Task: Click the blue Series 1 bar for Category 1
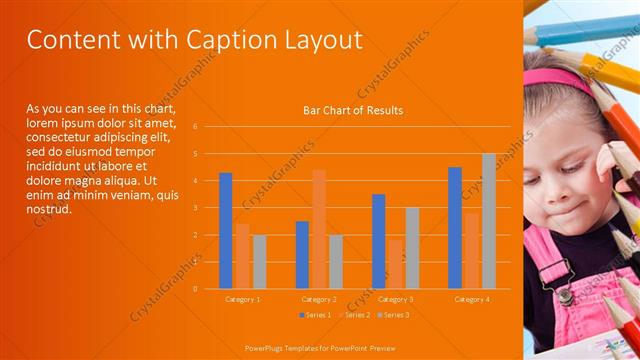pyautogui.click(x=226, y=230)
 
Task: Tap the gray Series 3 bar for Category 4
pyautogui.click(x=489, y=221)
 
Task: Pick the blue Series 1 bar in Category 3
pyautogui.click(x=378, y=241)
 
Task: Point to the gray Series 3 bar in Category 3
pyautogui.click(x=412, y=248)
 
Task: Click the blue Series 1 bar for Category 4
pyautogui.click(x=455, y=227)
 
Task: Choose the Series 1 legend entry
pyautogui.click(x=314, y=315)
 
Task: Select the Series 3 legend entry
pyautogui.click(x=392, y=315)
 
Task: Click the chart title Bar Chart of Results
pyautogui.click(x=353, y=110)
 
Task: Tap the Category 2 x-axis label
pyautogui.click(x=319, y=299)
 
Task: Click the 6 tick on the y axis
pyautogui.click(x=196, y=127)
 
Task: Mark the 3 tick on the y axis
pyautogui.click(x=196, y=208)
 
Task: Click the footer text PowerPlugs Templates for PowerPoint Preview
pyautogui.click(x=319, y=349)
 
